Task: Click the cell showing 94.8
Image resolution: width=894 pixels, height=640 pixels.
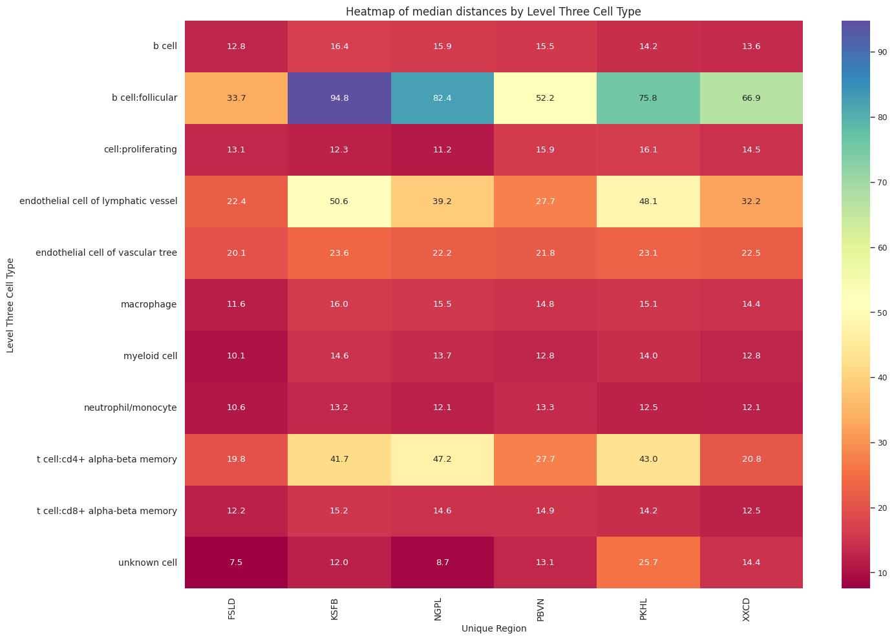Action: [339, 98]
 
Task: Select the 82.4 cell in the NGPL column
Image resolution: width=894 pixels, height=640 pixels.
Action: [442, 98]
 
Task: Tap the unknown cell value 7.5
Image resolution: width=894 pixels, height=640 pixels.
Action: [236, 563]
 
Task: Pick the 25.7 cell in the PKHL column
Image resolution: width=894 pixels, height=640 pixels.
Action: [648, 563]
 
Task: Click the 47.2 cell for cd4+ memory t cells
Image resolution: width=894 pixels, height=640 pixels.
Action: [442, 459]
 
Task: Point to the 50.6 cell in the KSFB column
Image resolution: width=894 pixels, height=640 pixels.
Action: [339, 201]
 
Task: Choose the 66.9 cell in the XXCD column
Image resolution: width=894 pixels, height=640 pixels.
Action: [751, 98]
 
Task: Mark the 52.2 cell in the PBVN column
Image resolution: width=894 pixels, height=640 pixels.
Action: [545, 98]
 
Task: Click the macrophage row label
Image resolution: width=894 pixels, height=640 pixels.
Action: [148, 304]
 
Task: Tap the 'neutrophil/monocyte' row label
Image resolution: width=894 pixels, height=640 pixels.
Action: [130, 408]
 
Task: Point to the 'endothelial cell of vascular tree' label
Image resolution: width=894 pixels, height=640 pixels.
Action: [107, 253]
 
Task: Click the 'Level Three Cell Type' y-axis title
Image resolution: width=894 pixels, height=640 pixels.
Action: [10, 304]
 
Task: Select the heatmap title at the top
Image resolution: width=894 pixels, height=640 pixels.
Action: [493, 12]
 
